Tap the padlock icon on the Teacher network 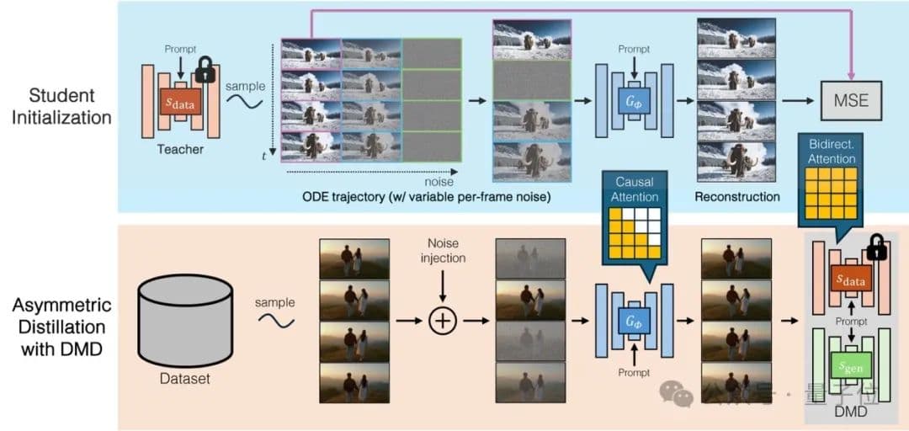[x=205, y=68]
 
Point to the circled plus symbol [x=443, y=321]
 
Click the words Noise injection [x=443, y=250]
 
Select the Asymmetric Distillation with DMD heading [x=61, y=325]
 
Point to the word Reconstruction [x=737, y=197]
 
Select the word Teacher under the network [x=180, y=149]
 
